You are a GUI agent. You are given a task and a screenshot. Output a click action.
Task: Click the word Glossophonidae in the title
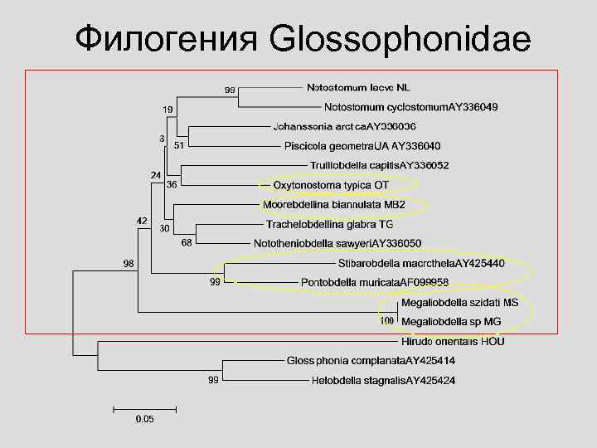click(x=400, y=39)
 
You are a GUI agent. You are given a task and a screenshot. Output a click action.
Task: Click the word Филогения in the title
click(x=165, y=39)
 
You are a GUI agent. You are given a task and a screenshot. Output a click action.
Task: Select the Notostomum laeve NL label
click(x=358, y=87)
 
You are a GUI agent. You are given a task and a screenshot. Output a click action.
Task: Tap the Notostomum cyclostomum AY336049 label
click(x=410, y=107)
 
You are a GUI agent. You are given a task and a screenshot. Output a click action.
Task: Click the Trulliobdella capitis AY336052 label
click(x=380, y=165)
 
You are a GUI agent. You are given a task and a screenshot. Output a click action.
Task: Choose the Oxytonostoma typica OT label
click(x=331, y=184)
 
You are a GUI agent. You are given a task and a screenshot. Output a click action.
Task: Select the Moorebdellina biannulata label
click(x=333, y=204)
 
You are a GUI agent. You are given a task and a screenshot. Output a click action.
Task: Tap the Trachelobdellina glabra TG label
click(x=329, y=224)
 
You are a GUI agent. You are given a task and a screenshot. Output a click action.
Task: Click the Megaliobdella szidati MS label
click(x=459, y=303)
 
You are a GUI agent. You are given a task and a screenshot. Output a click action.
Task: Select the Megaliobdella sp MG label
click(x=451, y=321)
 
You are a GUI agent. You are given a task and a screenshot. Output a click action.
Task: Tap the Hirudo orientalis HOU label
click(x=453, y=341)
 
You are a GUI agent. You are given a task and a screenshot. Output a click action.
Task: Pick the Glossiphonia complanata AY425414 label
click(x=371, y=361)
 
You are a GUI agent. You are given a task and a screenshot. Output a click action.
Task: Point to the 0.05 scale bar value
click(x=144, y=419)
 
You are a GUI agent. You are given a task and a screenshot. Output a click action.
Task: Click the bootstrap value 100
click(x=386, y=320)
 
